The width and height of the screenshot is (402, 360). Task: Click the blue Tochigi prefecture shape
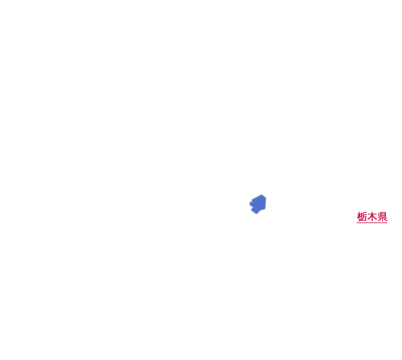click(x=258, y=204)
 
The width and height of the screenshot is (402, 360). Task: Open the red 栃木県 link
click(x=372, y=217)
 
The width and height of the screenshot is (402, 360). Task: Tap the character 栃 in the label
click(x=362, y=217)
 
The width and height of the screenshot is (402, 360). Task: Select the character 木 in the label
click(x=372, y=217)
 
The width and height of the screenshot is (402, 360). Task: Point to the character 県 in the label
click(x=382, y=217)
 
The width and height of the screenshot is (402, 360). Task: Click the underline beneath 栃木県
click(x=372, y=222)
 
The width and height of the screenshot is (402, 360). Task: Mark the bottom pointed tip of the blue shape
click(x=257, y=214)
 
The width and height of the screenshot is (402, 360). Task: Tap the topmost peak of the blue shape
click(x=262, y=195)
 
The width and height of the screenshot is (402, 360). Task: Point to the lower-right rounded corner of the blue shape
click(x=265, y=209)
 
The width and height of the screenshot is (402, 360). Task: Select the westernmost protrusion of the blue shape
click(x=250, y=204)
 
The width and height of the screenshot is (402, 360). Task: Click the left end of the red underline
click(x=357, y=222)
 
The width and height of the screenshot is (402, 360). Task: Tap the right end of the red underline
click(x=387, y=222)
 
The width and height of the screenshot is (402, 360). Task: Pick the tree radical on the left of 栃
click(x=359, y=217)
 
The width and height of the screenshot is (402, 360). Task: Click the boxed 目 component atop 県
click(x=383, y=214)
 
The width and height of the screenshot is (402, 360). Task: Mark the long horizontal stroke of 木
click(x=372, y=215)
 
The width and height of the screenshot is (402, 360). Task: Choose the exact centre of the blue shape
click(x=258, y=204)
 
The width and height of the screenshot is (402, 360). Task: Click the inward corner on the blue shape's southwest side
click(x=252, y=209)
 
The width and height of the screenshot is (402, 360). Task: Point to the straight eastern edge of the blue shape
click(x=265, y=203)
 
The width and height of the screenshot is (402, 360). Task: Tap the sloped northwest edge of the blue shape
click(x=256, y=198)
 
